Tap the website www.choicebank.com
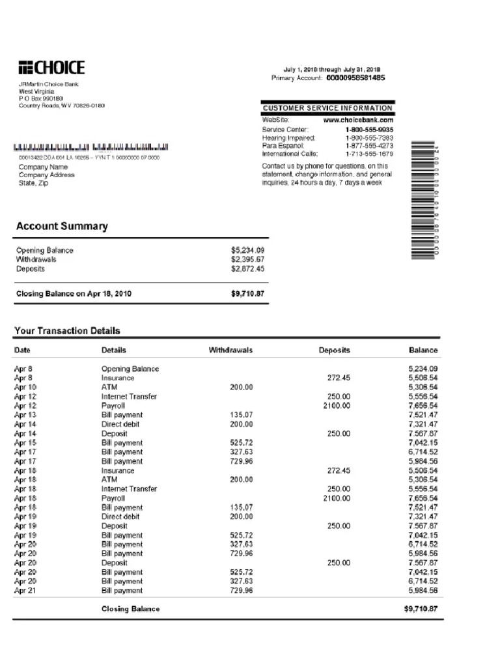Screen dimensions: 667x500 click(358, 120)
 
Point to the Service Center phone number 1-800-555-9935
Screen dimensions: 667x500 click(369, 130)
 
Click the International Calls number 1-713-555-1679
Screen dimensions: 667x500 click(369, 154)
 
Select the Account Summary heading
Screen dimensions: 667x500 click(62, 227)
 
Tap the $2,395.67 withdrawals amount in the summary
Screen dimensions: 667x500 click(247, 259)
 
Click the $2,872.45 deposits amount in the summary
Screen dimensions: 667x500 click(247, 268)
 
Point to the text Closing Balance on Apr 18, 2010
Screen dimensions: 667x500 click(74, 294)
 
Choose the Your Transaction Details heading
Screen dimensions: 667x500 click(67, 331)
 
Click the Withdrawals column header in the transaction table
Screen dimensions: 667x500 click(230, 350)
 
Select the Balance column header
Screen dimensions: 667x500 click(423, 350)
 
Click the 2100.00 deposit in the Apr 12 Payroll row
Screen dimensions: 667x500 click(337, 406)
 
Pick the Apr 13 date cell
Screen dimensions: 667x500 click(25, 415)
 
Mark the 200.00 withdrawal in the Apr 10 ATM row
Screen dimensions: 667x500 click(241, 387)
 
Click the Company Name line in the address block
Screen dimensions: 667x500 click(43, 167)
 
